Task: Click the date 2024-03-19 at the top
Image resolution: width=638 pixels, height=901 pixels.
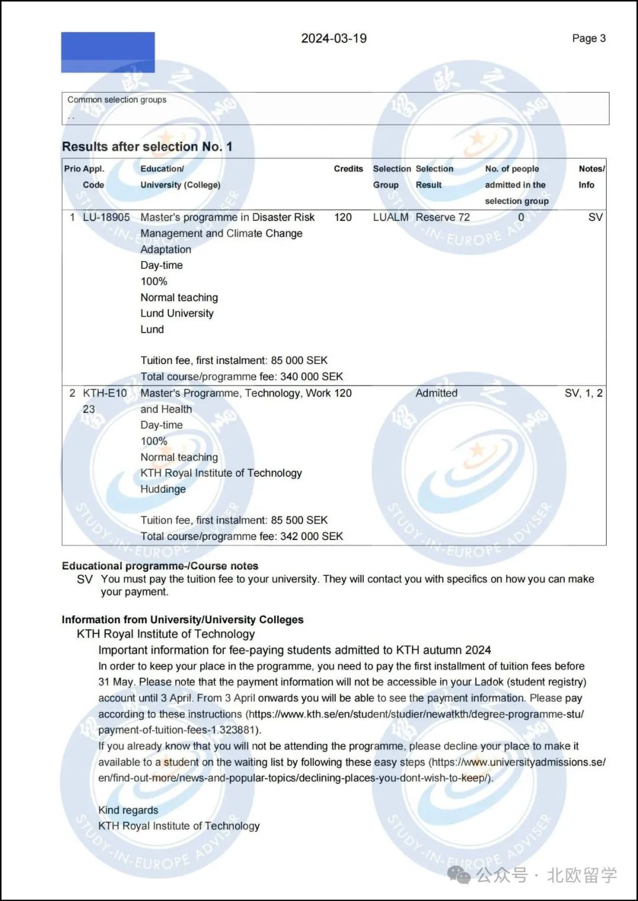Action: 334,38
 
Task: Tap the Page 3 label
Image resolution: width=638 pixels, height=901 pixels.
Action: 588,38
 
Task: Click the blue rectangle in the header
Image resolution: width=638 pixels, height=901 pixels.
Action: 108,53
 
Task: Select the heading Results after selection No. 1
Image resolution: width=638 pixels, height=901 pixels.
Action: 147,147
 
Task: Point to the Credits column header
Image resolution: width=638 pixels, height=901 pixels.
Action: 348,169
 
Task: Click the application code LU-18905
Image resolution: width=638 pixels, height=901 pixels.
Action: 106,217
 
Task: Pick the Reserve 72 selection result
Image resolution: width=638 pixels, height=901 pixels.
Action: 442,217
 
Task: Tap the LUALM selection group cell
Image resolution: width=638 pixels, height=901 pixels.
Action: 390,217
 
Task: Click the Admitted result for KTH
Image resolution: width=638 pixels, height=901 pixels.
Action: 436,393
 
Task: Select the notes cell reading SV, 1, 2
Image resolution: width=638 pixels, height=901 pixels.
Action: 583,393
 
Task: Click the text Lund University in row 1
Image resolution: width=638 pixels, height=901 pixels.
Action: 177,313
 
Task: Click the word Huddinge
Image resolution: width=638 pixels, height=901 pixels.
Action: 163,489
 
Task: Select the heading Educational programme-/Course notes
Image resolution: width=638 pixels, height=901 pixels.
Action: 160,566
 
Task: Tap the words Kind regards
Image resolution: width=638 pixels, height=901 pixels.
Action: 128,810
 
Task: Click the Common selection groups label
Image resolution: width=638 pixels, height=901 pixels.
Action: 117,100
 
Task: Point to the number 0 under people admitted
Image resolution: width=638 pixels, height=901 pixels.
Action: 521,217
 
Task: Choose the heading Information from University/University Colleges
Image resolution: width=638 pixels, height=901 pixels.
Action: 183,620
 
